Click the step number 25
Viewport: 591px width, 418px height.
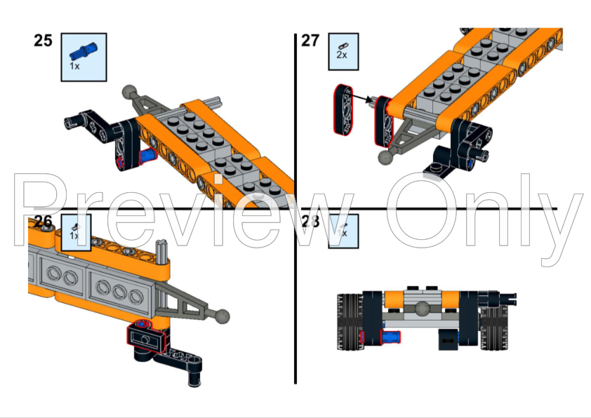pos(43,41)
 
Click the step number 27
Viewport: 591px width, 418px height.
pos(310,41)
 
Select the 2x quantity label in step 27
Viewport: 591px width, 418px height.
pos(342,55)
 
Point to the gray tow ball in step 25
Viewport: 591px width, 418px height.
pos(128,92)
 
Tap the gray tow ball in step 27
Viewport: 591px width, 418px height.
pos(384,157)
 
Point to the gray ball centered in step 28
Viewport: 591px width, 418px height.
pos(423,308)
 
